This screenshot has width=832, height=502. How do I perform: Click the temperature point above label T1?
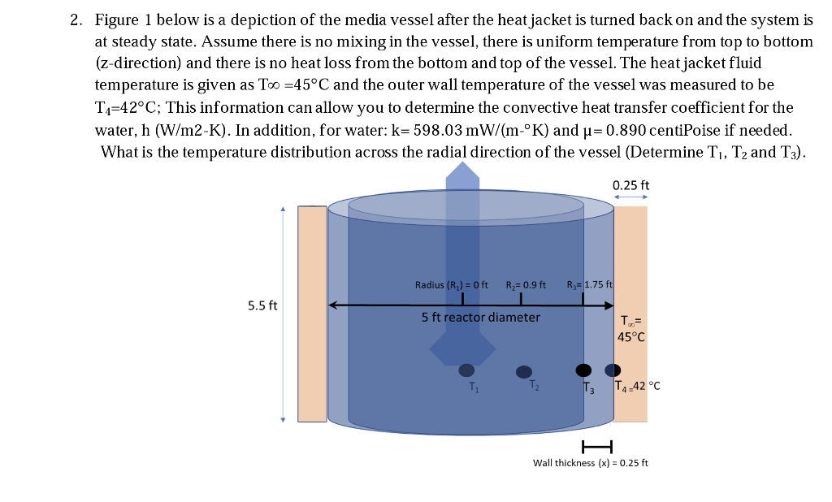pos(466,370)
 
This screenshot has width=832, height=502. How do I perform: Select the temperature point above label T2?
pos(524,372)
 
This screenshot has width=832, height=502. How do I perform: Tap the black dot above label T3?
pos(583,370)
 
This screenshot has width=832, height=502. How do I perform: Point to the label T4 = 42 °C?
pos(638,387)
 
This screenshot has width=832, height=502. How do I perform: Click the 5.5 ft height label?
pos(262,306)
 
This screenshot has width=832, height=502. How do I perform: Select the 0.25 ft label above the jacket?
pos(630,184)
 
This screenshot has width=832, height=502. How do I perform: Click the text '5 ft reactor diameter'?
pos(480,317)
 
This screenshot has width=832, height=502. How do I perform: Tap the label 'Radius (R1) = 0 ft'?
pos(451,285)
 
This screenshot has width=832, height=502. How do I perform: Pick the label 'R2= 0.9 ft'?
pos(526,285)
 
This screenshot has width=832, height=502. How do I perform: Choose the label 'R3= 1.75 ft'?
pos(589,285)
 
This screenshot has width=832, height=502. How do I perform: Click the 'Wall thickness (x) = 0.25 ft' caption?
pos(591,463)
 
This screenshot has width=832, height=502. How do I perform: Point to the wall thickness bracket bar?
pos(596,445)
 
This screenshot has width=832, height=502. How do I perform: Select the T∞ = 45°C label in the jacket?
pos(631,328)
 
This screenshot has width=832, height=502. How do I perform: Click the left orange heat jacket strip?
pos(312,314)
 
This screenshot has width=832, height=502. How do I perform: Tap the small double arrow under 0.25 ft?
pos(630,197)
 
